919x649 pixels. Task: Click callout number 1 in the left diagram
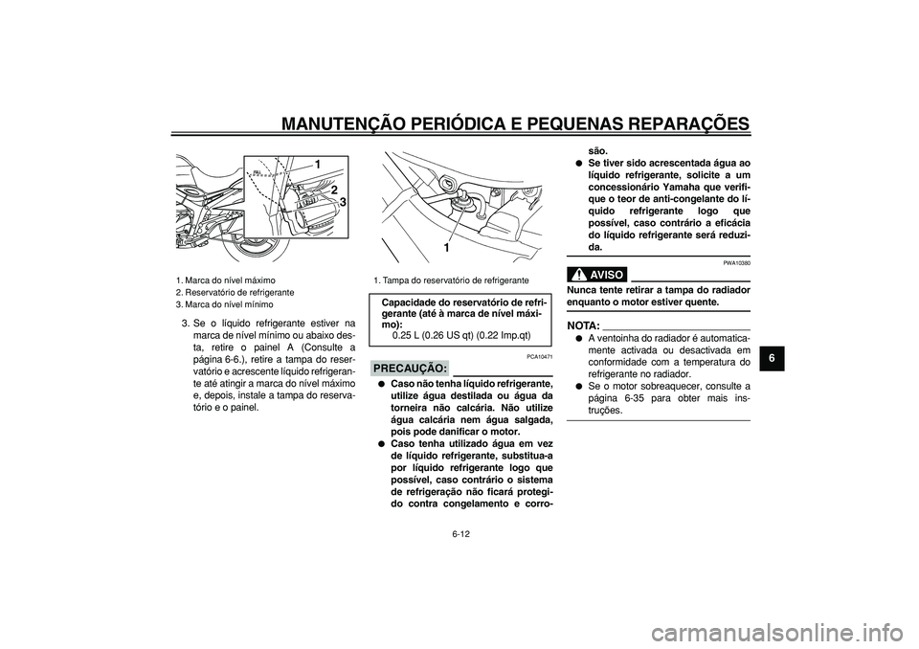click(316, 165)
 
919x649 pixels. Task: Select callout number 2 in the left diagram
click(333, 190)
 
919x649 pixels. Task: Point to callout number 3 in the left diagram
click(341, 203)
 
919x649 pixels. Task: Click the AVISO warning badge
click(597, 274)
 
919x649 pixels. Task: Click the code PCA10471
click(537, 356)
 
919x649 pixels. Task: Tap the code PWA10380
click(735, 261)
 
